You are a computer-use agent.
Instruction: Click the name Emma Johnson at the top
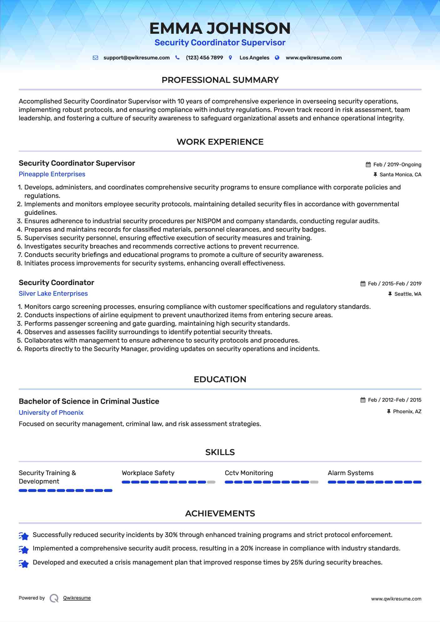(x=220, y=28)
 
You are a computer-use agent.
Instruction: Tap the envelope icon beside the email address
(x=95, y=58)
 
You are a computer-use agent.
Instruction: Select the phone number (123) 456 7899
(x=204, y=58)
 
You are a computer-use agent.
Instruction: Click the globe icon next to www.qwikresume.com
(x=277, y=58)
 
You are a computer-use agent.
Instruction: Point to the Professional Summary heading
(x=220, y=80)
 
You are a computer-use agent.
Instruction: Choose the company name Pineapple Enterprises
(x=52, y=174)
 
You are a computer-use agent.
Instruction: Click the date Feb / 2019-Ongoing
(x=397, y=165)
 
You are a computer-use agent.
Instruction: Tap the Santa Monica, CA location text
(x=400, y=175)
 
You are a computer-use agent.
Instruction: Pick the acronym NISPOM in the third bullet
(x=209, y=221)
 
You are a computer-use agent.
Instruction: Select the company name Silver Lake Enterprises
(x=53, y=294)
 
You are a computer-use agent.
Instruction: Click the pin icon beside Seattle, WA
(x=390, y=294)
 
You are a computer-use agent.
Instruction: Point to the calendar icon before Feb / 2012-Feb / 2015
(x=363, y=400)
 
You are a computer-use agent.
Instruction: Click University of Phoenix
(x=51, y=413)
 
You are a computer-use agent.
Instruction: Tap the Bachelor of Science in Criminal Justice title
(x=89, y=402)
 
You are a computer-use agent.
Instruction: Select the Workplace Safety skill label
(x=148, y=473)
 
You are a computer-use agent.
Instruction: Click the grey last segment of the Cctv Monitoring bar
(x=314, y=482)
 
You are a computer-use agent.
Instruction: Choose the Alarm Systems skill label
(x=351, y=473)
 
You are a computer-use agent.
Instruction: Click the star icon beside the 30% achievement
(x=24, y=536)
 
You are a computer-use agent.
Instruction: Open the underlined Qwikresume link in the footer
(x=77, y=598)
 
